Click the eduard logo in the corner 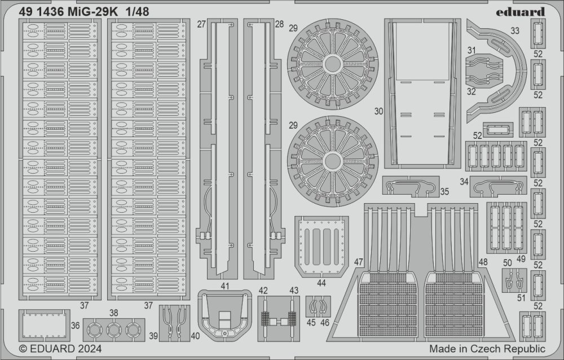pos(520,12)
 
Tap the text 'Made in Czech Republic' pos(487,349)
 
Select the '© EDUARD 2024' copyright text pos(60,349)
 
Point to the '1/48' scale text pos(138,12)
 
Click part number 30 pos(378,112)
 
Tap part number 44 pos(321,283)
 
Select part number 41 pos(225,286)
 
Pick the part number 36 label pos(75,326)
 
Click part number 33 pos(515,31)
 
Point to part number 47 pos(358,262)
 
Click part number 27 pos(201,24)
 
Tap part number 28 pos(279,24)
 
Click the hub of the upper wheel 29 pos(333,64)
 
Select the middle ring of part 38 pos(114,330)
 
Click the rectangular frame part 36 pos(44,326)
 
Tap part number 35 pos(444,191)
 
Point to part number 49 pos(521,258)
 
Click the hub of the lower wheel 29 pos(333,161)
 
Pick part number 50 pos(507,263)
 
